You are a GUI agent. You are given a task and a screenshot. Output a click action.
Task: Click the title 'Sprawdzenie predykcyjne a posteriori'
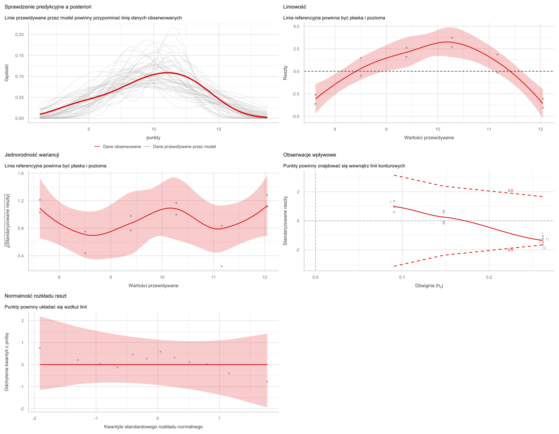point(48,7)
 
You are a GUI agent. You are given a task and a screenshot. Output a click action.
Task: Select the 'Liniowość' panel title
point(295,7)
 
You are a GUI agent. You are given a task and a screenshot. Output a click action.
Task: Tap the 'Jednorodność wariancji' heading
point(32,155)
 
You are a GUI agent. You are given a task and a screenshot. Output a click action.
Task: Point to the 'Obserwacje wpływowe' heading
point(310,155)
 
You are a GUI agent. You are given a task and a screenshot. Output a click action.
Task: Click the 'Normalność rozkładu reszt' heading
point(36,296)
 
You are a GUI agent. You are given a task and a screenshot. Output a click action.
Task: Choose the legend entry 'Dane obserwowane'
point(122,147)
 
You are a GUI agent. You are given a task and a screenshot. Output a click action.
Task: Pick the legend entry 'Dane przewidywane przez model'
point(184,147)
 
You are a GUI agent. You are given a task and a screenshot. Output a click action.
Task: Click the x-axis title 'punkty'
point(154,138)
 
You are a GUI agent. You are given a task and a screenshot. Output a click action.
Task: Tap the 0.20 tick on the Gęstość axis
point(19,35)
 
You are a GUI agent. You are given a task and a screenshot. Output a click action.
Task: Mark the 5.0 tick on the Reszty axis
point(296,27)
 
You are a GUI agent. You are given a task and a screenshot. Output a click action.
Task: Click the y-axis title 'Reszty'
point(285,73)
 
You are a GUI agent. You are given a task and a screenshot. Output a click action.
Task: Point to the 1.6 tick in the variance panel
point(21,173)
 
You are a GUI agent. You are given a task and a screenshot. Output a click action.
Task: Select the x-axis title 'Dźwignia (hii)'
point(429,286)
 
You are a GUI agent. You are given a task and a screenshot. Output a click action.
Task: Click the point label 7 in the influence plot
point(391,202)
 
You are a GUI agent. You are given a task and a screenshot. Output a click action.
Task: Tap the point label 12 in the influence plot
point(544,248)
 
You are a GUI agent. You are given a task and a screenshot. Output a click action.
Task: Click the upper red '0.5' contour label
point(510,190)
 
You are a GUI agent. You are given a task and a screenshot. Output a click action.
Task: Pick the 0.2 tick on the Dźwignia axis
point(489,277)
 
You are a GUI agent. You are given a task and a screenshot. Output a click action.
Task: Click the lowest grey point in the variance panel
point(222,266)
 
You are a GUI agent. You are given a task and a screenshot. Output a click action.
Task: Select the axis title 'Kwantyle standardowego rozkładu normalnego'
point(153,427)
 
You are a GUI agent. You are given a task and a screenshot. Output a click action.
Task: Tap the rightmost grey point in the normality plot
point(267,382)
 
